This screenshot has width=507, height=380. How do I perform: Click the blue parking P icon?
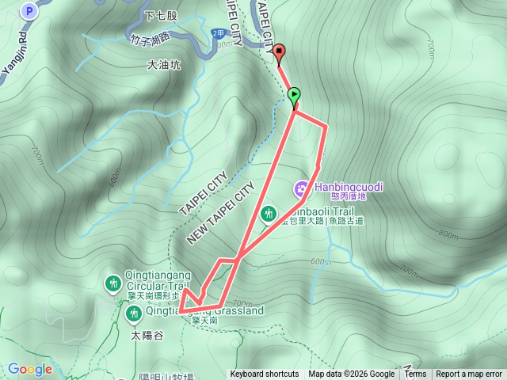(x=30, y=11)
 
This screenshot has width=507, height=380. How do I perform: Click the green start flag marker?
(x=295, y=96)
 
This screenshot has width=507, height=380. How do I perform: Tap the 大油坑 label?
(x=164, y=66)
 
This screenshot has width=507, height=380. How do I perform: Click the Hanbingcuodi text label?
(x=348, y=187)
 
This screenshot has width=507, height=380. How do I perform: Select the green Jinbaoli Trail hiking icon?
(x=269, y=213)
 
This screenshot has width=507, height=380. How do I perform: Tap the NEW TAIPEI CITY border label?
(x=222, y=212)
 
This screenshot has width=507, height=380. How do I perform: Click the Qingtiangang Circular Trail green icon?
(x=114, y=282)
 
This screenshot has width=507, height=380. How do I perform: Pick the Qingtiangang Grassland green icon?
(x=133, y=313)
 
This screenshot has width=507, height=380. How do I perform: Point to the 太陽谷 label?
(x=146, y=334)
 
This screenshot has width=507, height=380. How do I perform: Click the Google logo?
(x=29, y=369)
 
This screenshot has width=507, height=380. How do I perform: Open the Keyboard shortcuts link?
(x=265, y=374)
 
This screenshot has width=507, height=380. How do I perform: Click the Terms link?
(x=415, y=374)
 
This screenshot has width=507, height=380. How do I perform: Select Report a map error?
(x=469, y=374)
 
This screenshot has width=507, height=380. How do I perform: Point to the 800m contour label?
(x=448, y=235)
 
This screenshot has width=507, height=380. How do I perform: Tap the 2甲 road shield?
(x=219, y=32)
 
